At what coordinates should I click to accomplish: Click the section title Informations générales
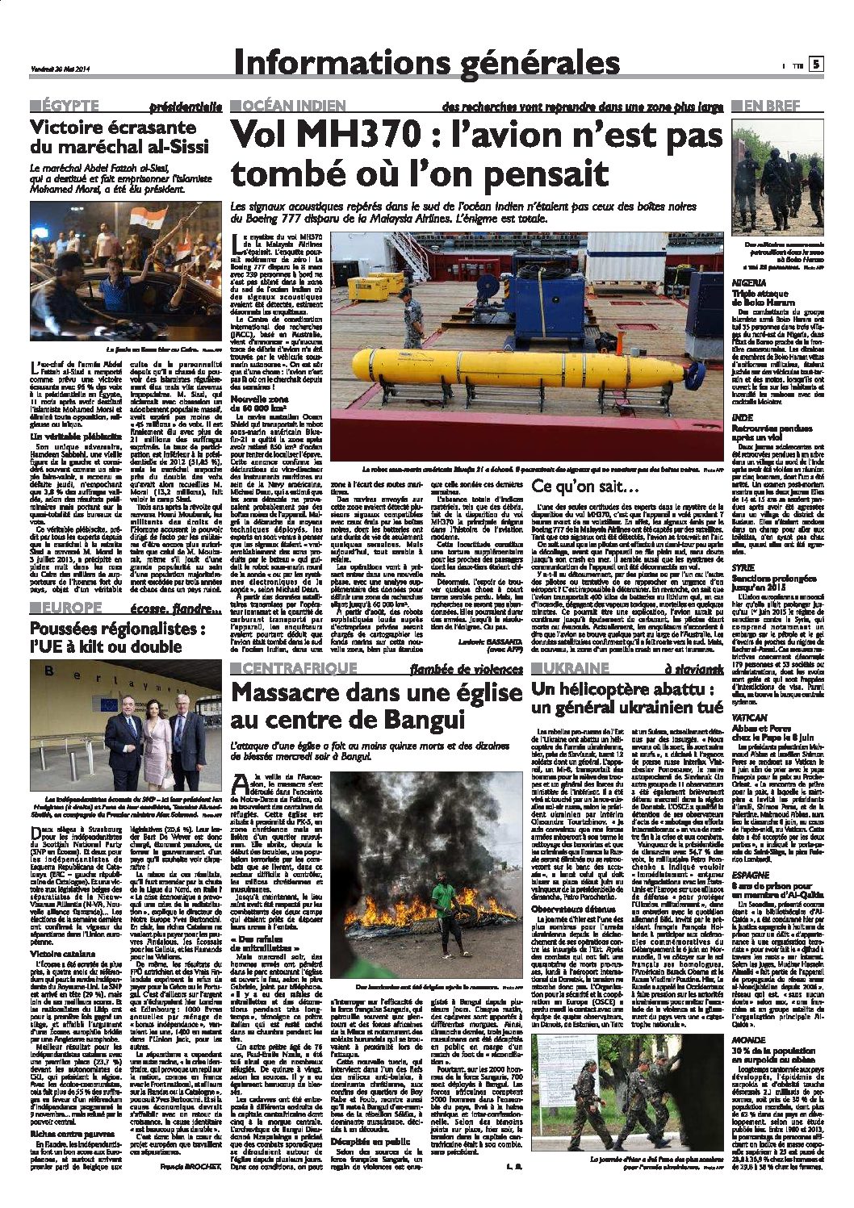425,64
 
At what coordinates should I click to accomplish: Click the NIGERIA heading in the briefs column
748,283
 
